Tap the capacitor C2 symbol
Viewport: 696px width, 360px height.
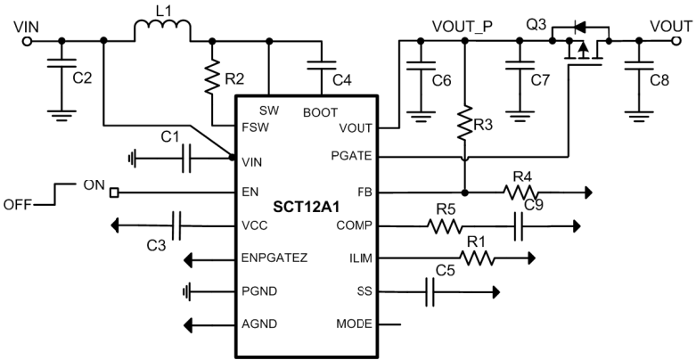tap(61, 63)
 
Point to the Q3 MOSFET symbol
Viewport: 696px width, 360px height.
tap(579, 49)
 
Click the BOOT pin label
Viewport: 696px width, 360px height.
tap(320, 112)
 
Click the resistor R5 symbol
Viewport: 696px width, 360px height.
tap(444, 226)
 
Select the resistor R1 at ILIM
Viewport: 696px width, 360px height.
tap(477, 258)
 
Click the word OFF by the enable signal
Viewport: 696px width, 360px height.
tap(20, 203)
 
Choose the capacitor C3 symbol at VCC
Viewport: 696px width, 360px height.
tap(176, 225)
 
